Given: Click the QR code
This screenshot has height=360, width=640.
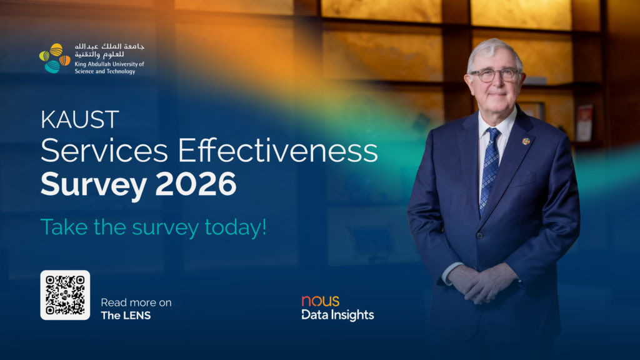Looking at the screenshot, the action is [x=65, y=295].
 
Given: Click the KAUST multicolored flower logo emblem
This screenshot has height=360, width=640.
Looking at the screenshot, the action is [x=55, y=58].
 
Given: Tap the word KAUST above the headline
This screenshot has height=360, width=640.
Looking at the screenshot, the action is [x=79, y=119].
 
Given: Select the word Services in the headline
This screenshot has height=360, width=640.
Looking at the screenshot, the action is [x=104, y=151].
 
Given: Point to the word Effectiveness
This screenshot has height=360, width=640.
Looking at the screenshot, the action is [x=277, y=151].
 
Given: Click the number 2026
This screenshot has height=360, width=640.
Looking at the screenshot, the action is [x=196, y=184].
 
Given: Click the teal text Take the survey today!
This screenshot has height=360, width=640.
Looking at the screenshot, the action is [x=154, y=227].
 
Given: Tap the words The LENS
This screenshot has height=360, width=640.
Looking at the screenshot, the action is [x=126, y=316].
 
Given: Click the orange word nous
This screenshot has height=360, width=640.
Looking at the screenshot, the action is [x=321, y=301].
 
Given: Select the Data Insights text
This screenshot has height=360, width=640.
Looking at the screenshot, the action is [x=337, y=315].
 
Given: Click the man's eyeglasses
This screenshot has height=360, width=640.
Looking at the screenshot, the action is [x=495, y=75].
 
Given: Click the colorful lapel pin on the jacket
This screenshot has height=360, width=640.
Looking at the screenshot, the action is [x=526, y=141].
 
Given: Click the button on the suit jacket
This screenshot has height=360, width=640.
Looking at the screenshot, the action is [x=479, y=236].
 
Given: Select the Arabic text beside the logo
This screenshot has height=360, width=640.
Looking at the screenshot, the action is [x=109, y=50].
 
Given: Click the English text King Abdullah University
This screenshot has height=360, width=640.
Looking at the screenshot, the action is [x=109, y=64].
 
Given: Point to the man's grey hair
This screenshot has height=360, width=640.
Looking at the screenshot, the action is [x=494, y=51].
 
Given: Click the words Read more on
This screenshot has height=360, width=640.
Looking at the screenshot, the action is [x=136, y=302].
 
